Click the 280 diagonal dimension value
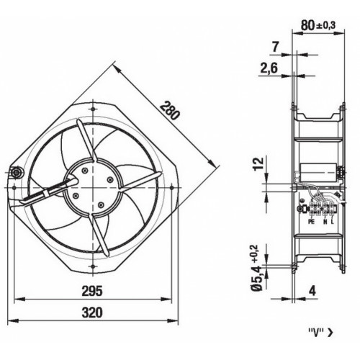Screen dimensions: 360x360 pyautogui.click(x=170, y=111)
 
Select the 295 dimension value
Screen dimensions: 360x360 pyautogui.click(x=92, y=291)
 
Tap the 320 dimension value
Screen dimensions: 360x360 pyautogui.click(x=92, y=312)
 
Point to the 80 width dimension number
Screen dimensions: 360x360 pyautogui.click(x=308, y=25)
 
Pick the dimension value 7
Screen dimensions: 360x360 pyautogui.click(x=275, y=47)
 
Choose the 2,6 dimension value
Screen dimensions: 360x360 pyautogui.click(x=269, y=68)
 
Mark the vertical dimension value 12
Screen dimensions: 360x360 pyautogui.click(x=258, y=163)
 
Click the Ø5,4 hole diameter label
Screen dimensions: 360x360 pyautogui.click(x=258, y=278)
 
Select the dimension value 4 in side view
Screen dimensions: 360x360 pyautogui.click(x=312, y=291)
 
